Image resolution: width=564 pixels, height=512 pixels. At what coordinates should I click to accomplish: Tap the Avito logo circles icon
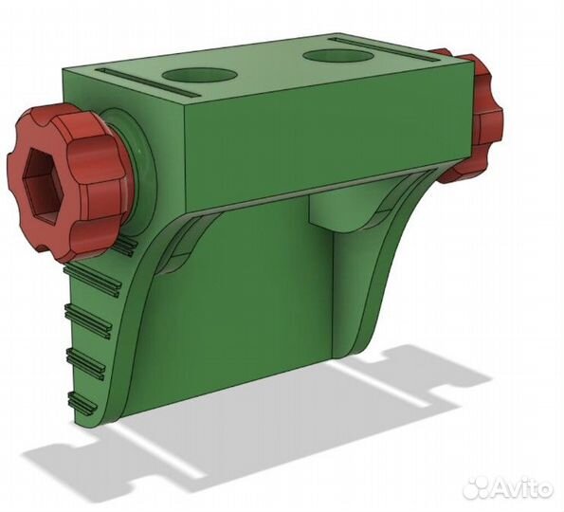point(480,487)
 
